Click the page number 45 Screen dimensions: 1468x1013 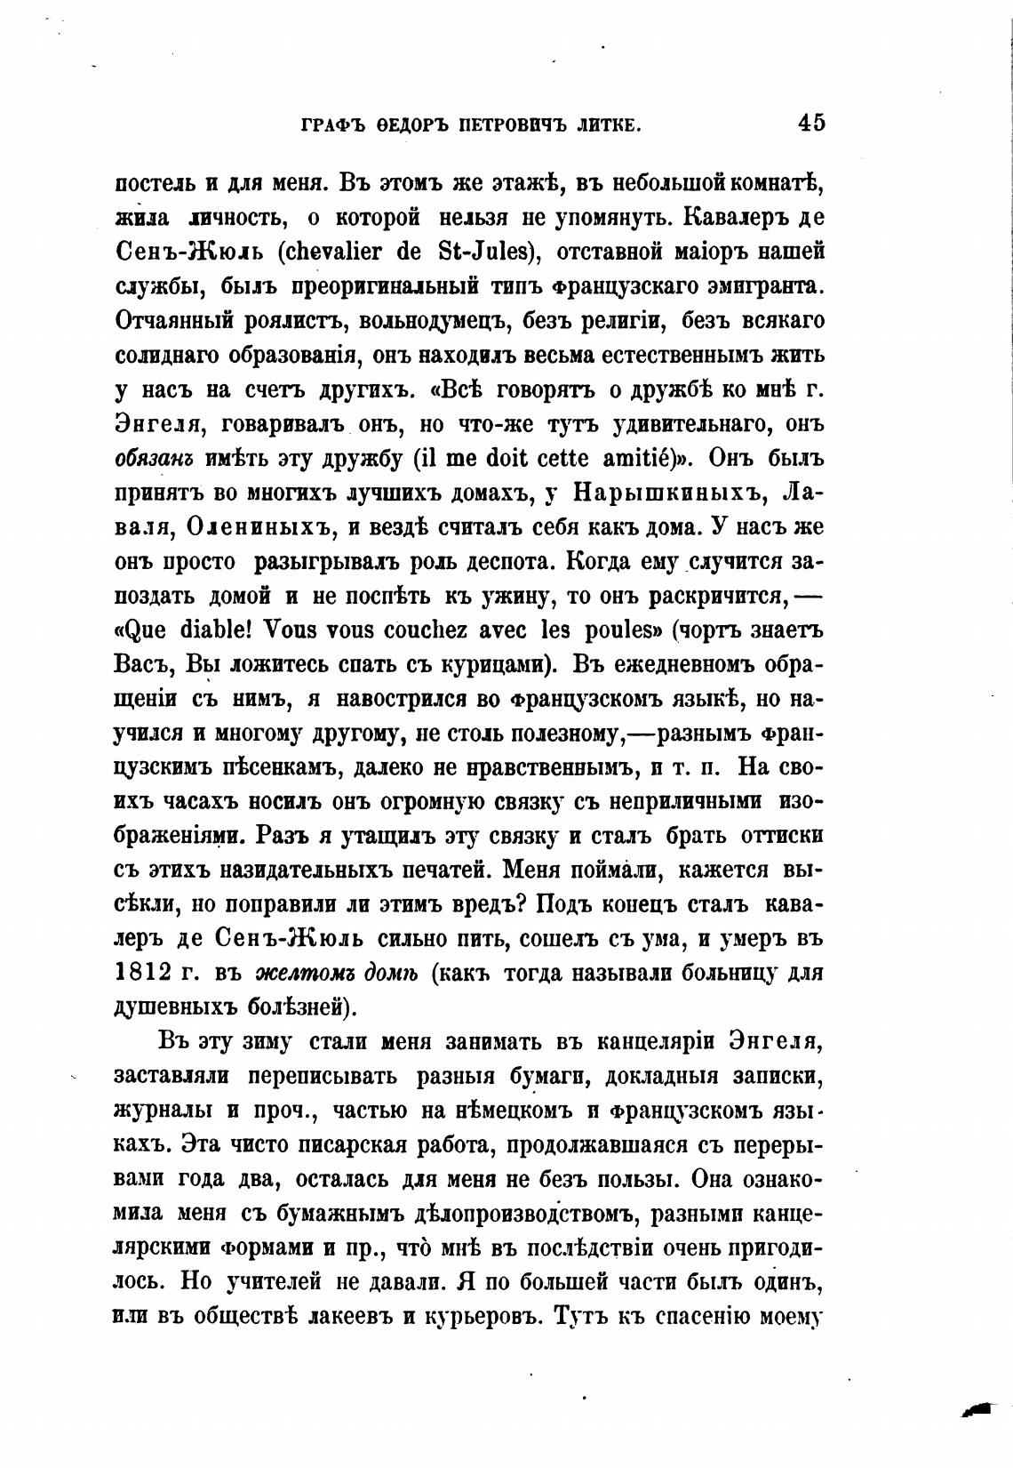[811, 122]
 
